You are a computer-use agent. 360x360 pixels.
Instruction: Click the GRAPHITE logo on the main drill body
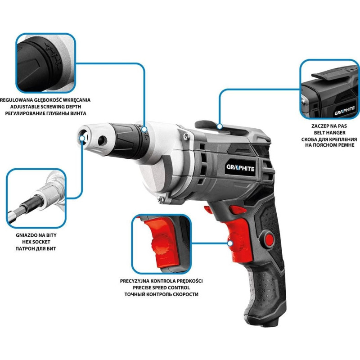pyautogui.click(x=240, y=168)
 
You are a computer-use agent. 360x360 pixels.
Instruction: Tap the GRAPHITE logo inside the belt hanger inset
pyautogui.click(x=345, y=111)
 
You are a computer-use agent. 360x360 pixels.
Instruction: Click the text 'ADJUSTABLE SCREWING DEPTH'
pyautogui.click(x=46, y=107)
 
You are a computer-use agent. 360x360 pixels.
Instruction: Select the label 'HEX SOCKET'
pyautogui.click(x=36, y=242)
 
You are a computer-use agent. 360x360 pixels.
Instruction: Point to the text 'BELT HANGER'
pyautogui.click(x=330, y=133)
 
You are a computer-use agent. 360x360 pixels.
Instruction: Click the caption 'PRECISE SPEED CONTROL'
pyautogui.click(x=162, y=288)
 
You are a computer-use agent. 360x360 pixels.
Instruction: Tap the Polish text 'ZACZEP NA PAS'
pyautogui.click(x=329, y=126)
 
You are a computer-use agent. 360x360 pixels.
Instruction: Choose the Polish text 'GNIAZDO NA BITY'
pyautogui.click(x=36, y=235)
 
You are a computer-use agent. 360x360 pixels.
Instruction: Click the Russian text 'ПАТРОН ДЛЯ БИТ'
pyautogui.click(x=36, y=249)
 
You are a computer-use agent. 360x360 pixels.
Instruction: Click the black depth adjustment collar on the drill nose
pyautogui.click(x=127, y=140)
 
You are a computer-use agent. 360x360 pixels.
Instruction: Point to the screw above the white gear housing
pyautogui.click(x=186, y=136)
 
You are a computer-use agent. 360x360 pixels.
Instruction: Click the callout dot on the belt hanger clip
pyautogui.click(x=220, y=126)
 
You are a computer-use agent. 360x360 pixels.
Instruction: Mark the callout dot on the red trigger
pyautogui.click(x=230, y=243)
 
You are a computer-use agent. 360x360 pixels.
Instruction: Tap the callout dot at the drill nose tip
pyautogui.click(x=82, y=138)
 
